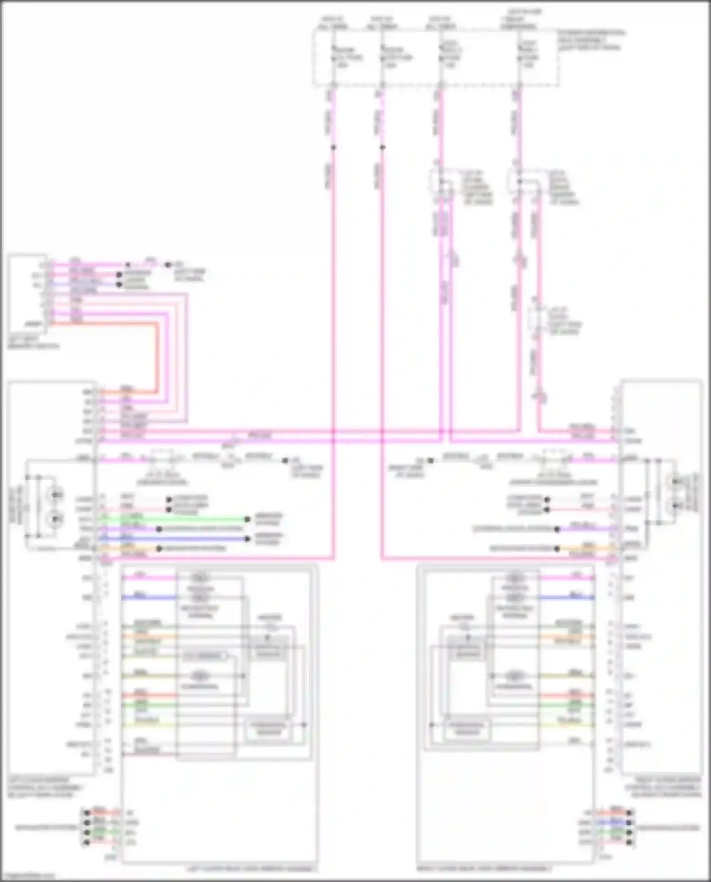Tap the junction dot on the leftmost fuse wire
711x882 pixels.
[333, 147]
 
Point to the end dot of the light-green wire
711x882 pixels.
[247, 519]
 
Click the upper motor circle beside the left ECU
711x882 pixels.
[56, 495]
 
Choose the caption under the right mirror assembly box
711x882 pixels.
[483, 869]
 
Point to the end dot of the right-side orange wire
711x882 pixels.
[556, 549]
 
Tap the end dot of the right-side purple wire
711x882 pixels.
[556, 529]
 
